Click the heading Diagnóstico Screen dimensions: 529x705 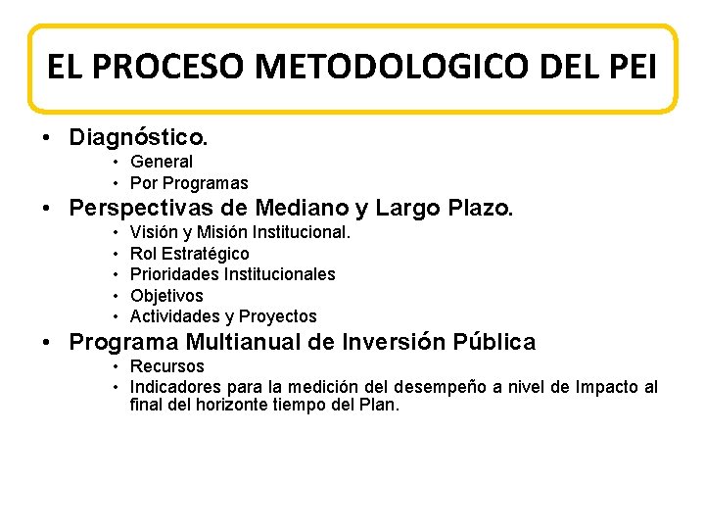(x=138, y=134)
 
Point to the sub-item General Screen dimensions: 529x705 (x=162, y=162)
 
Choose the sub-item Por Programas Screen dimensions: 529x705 (x=189, y=183)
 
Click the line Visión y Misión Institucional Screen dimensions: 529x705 (x=240, y=232)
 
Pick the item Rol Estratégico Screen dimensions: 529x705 (x=189, y=254)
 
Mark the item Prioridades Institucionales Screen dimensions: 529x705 (x=232, y=274)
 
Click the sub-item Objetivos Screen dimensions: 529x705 (x=166, y=295)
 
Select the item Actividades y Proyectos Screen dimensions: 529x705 (x=223, y=316)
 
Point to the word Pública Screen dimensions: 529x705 (x=494, y=343)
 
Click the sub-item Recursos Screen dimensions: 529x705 (x=167, y=366)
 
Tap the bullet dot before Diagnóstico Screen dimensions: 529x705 (x=47, y=135)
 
